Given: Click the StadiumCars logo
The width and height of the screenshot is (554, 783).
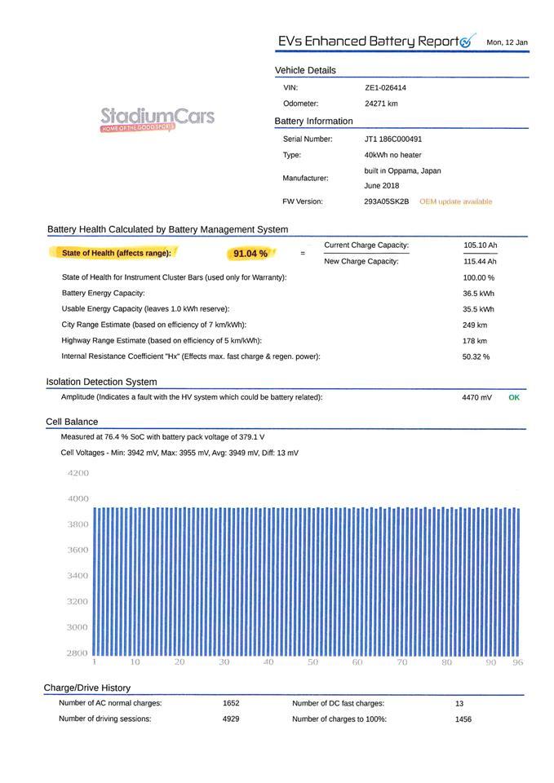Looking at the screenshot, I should (x=157, y=118).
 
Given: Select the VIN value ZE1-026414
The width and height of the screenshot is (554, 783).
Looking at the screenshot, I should (x=385, y=87).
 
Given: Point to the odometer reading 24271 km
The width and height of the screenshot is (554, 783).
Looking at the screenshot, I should (x=381, y=104).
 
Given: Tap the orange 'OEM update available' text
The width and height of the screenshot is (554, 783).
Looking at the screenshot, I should (x=455, y=201).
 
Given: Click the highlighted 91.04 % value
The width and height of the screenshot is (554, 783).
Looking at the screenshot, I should (x=250, y=254).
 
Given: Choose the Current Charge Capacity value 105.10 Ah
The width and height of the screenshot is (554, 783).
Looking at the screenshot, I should (x=480, y=246).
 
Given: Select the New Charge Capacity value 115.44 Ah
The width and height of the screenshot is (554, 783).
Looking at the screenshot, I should (x=480, y=262).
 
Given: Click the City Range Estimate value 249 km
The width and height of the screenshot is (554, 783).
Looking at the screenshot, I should (x=474, y=325).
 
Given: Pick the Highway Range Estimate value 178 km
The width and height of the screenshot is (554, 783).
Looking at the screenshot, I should (x=474, y=341).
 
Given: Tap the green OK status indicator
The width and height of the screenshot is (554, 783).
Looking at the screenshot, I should (x=514, y=397).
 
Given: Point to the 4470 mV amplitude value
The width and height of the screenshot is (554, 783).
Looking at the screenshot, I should (x=476, y=397).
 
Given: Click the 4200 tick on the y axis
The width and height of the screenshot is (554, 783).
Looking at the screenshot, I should (x=78, y=473).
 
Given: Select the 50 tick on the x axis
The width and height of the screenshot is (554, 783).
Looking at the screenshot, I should (x=312, y=662).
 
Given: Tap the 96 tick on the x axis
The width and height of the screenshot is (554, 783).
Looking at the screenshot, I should (x=517, y=662).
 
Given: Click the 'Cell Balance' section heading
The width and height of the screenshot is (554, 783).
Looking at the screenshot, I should (x=72, y=422).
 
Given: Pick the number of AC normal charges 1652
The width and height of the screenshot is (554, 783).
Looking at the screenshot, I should (x=231, y=703).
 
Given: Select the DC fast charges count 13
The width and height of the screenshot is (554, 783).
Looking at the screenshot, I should (x=459, y=703).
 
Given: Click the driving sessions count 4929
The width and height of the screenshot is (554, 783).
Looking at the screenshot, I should (x=231, y=719).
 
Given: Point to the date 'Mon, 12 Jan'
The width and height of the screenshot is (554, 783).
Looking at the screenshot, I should (x=507, y=42).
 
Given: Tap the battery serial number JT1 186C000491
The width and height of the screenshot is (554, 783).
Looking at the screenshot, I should (x=393, y=139).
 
